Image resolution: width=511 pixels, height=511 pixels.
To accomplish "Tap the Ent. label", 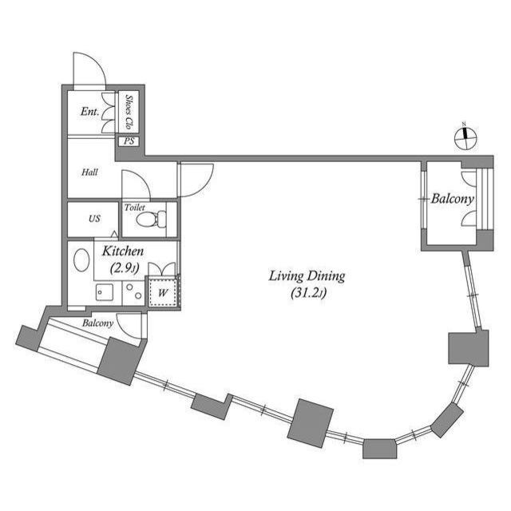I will (89, 112).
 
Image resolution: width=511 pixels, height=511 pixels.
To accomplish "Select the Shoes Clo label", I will (129, 113).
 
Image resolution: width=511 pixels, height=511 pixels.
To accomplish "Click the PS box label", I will (129, 142).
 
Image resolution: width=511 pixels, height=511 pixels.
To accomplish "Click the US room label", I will (94, 219).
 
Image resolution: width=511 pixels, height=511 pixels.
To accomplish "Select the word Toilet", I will (135, 207).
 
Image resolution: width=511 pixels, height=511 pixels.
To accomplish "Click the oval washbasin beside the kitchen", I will (81, 261).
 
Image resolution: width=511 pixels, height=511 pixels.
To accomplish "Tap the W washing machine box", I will (164, 293).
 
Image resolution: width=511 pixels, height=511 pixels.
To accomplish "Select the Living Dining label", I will (306, 277).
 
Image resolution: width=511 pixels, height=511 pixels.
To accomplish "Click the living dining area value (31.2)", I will (306, 295).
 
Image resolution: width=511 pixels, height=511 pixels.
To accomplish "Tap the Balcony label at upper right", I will (453, 199).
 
